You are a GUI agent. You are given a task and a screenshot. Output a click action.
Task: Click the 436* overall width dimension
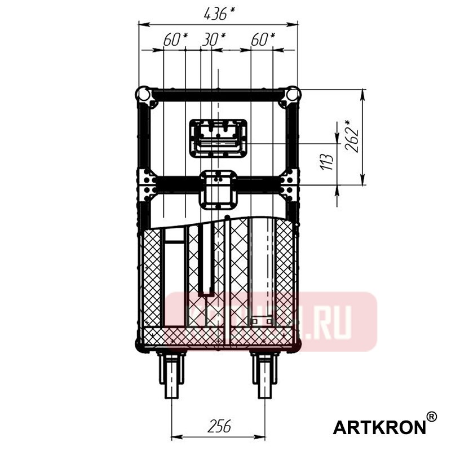tap(218, 14)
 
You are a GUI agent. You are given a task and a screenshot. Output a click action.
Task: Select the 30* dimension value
tap(214, 39)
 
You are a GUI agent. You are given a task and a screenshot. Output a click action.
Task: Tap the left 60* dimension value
tap(175, 39)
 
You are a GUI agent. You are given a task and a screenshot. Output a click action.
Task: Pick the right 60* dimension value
tap(263, 39)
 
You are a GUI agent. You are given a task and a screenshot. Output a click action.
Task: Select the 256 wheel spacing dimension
tap(218, 426)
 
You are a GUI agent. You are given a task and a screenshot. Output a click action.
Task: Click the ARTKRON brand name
tap(379, 427)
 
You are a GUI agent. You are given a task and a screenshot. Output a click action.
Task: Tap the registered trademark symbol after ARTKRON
tap(431, 417)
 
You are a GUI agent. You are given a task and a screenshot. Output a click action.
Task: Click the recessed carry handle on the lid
tap(218, 138)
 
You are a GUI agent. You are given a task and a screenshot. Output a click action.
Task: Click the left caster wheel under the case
tap(171, 375)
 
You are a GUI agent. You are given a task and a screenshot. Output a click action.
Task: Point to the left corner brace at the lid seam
tap(148, 185)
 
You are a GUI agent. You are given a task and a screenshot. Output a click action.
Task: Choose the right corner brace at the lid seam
tap(288, 185)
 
